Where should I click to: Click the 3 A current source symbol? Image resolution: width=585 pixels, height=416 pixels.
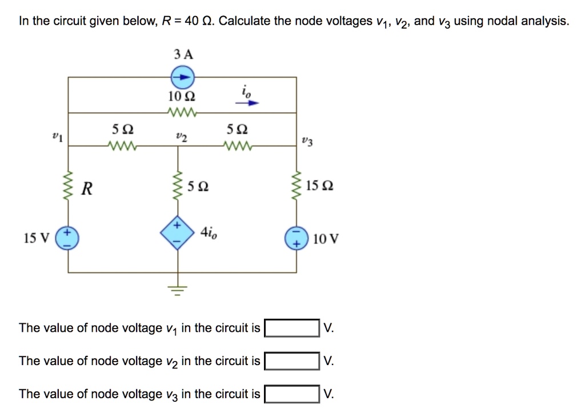click(183, 77)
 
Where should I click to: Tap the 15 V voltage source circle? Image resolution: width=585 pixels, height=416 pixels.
click(68, 236)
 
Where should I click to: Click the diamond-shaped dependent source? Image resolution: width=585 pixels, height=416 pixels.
click(177, 233)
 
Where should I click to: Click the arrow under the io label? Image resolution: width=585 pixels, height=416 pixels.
click(248, 104)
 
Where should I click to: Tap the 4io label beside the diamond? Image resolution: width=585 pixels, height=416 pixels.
click(208, 232)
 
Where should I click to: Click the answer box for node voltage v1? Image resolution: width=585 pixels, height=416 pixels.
click(292, 328)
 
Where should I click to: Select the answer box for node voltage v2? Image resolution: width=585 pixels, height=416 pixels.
click(292, 361)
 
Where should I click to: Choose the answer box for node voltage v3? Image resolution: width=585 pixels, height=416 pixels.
click(292, 394)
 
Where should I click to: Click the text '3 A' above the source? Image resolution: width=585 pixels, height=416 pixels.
click(183, 55)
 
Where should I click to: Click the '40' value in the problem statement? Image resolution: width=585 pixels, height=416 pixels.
click(192, 22)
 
